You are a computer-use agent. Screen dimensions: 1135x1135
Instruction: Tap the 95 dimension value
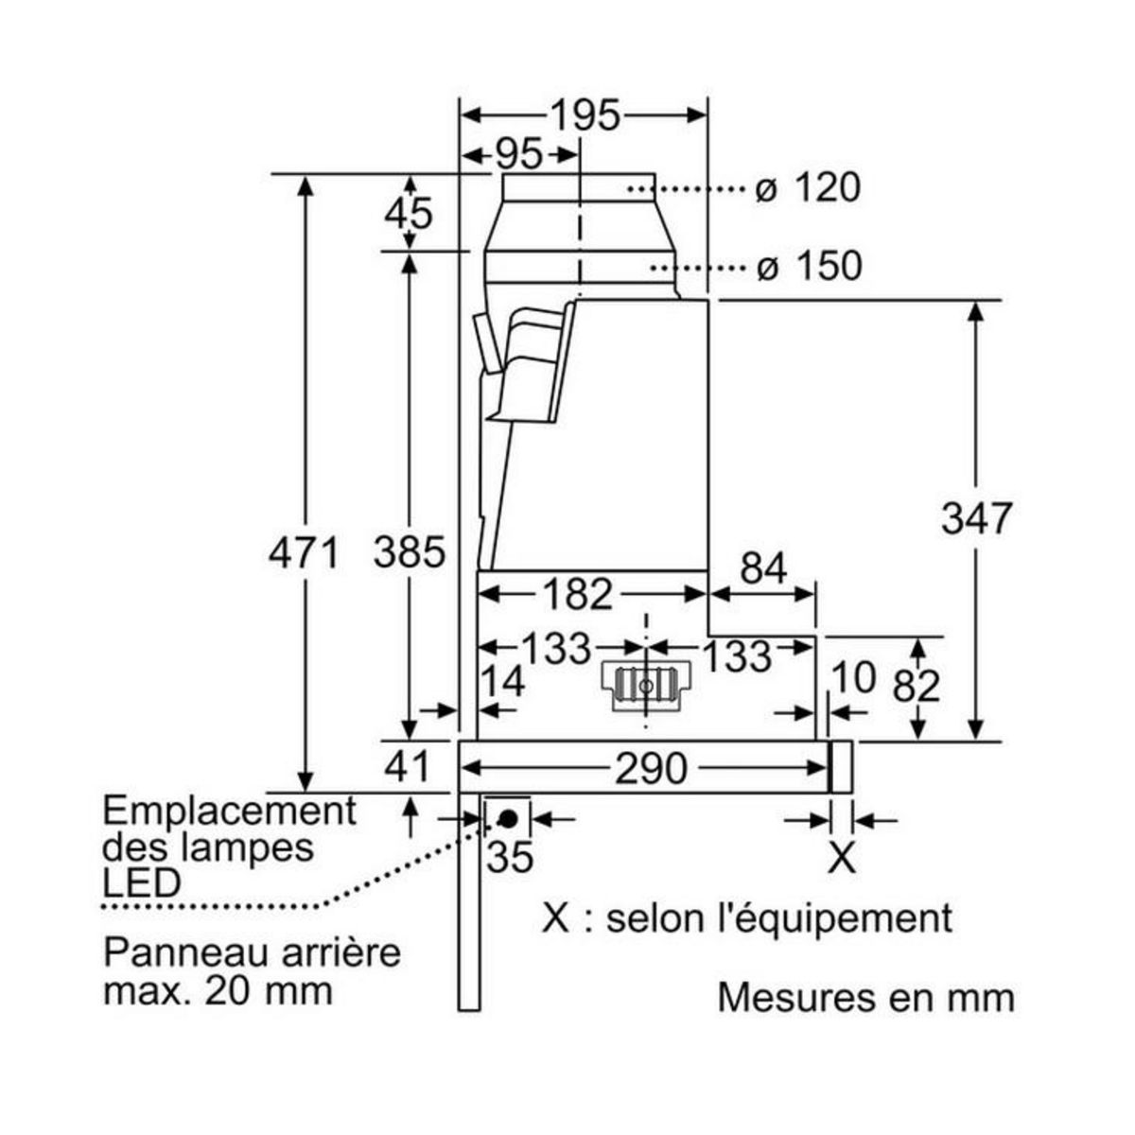coord(517,153)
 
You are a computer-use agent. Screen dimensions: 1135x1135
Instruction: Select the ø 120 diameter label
coord(809,188)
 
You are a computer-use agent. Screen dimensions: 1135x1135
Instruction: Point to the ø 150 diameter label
coord(810,266)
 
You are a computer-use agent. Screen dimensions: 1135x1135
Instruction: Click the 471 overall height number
coord(304,551)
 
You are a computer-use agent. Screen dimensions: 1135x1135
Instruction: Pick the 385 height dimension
coord(409,551)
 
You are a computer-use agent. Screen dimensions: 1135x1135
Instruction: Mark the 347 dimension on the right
coord(976,518)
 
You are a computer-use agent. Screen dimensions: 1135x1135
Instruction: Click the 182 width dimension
coord(577,594)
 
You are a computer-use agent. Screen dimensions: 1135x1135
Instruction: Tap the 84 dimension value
coord(763,568)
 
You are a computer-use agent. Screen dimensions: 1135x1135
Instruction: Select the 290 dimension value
coord(651,769)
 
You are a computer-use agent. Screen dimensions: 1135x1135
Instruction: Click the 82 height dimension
coord(916,686)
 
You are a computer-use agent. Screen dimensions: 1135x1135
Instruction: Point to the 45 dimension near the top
coord(409,214)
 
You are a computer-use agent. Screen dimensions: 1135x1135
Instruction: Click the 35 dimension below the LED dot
coord(510,857)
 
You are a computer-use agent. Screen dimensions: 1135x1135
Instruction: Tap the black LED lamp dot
coord(508,817)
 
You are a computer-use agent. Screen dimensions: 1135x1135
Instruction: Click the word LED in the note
coord(142,882)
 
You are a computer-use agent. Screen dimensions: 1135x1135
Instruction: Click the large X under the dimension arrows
coord(842,858)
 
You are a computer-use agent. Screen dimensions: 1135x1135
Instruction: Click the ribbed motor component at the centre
coord(646,684)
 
